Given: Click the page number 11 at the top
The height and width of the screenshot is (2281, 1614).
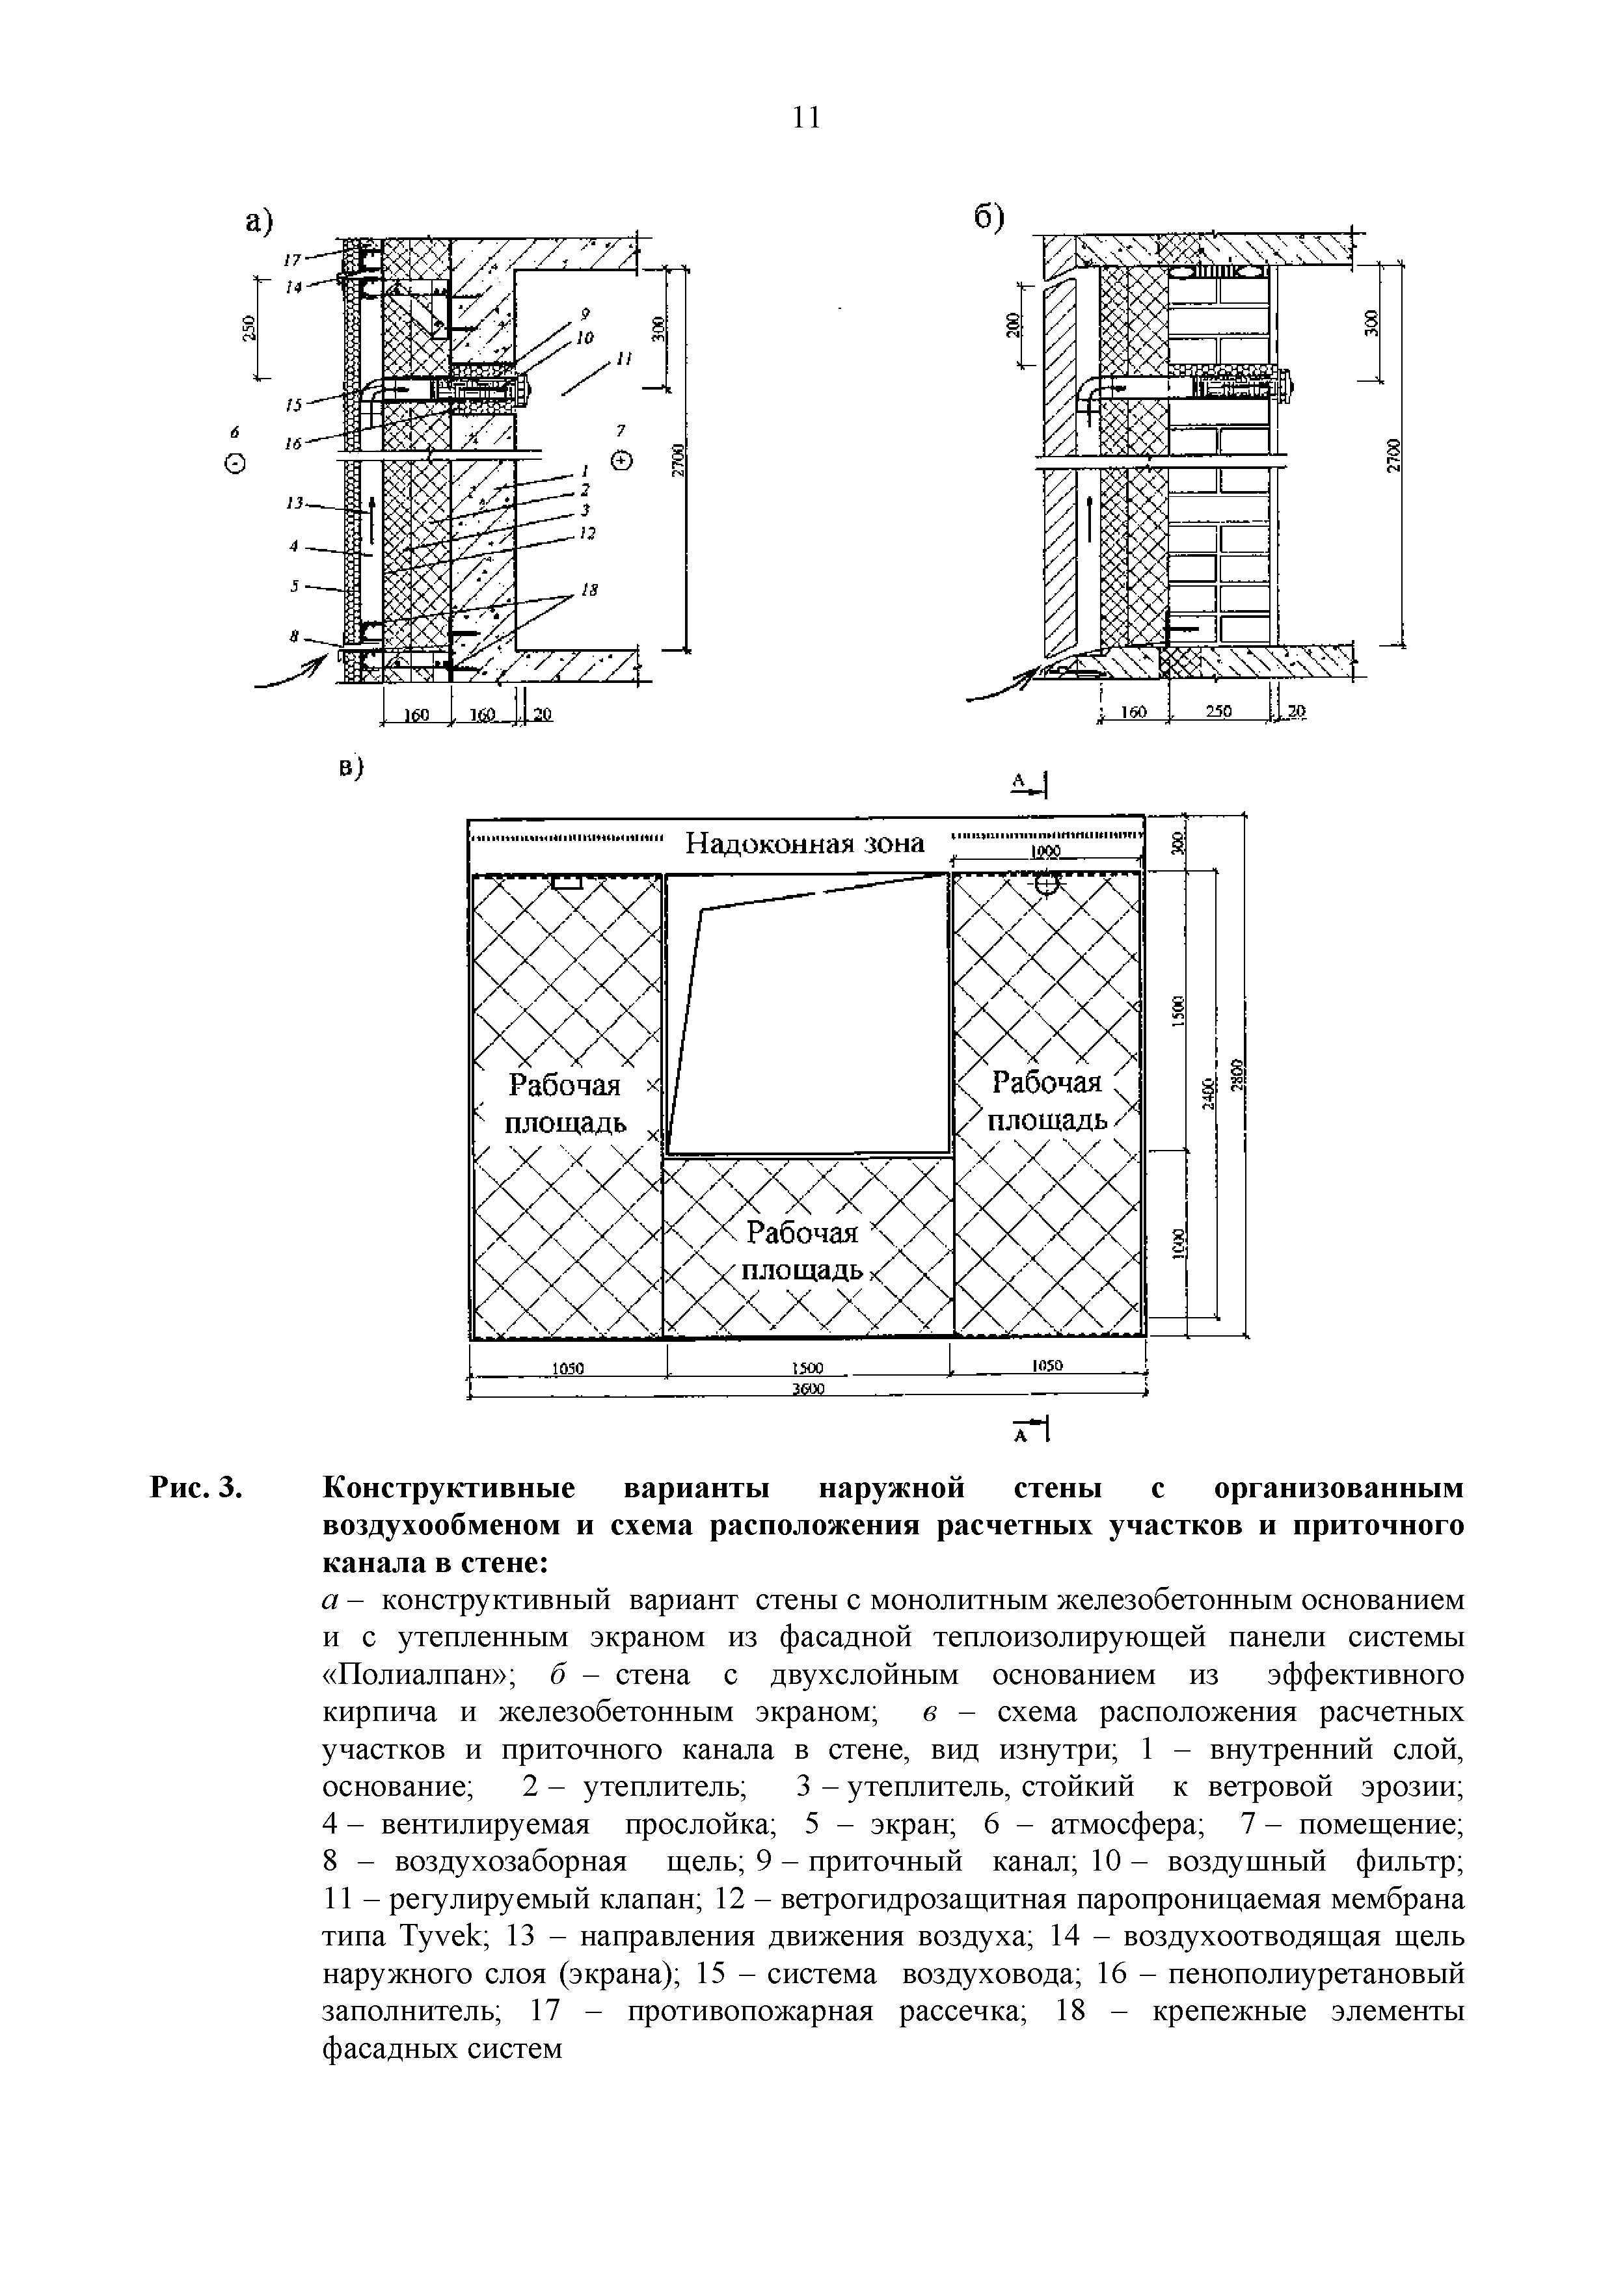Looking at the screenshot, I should [807, 118].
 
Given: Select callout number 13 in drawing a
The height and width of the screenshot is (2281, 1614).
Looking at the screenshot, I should [293, 503].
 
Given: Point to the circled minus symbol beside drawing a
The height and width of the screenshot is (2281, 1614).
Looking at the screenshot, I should [235, 463].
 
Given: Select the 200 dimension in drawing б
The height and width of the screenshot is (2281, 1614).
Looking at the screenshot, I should [1012, 324].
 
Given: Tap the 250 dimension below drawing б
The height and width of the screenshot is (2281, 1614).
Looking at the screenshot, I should [1218, 712].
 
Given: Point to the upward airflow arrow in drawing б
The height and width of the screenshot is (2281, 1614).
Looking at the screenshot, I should [1090, 516].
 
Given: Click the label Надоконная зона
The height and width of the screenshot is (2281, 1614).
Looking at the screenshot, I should [805, 844].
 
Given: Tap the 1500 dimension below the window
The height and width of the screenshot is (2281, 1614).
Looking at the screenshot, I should [809, 1367].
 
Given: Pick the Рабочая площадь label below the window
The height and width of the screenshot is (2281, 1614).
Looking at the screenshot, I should [803, 1251].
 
